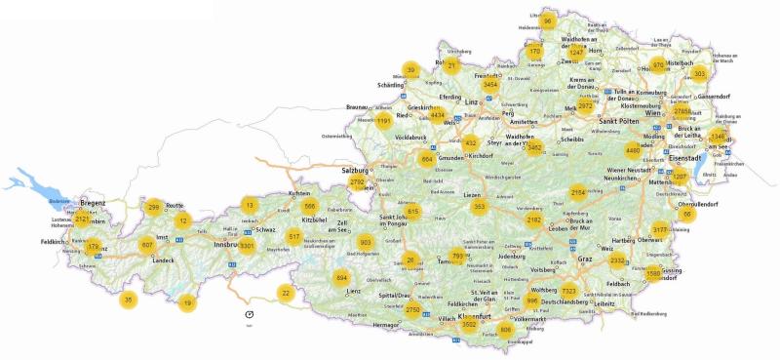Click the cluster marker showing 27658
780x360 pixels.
click(682, 113)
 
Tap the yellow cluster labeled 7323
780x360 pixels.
click(568, 291)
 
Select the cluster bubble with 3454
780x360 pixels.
click(490, 85)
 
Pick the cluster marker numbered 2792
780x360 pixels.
click(358, 182)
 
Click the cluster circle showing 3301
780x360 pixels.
click(247, 245)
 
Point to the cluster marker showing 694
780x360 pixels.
click(341, 278)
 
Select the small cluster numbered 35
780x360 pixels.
click(128, 300)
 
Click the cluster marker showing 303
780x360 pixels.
click(698, 73)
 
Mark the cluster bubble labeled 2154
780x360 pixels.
click(577, 192)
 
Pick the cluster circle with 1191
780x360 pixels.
click(384, 121)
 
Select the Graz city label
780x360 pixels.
click(584, 260)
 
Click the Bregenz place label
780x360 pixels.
click(92, 202)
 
